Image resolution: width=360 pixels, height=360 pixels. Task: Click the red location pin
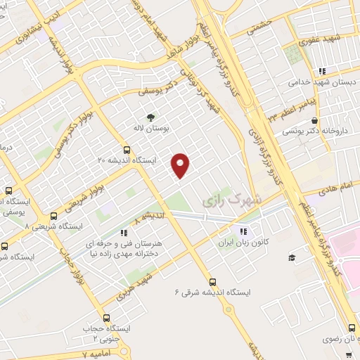tap(181, 165)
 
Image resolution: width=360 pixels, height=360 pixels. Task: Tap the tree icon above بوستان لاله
tap(149, 118)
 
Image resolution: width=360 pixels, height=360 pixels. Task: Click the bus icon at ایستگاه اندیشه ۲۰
tap(127, 149)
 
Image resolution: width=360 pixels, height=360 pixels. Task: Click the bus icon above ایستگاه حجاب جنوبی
tap(106, 318)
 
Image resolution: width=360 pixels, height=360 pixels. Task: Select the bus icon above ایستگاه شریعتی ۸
tap(53, 216)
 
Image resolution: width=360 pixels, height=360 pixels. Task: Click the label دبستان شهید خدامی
tap(318, 82)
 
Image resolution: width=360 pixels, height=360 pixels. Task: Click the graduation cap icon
tap(292, 258)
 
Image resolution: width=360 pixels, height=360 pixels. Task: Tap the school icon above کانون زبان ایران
tap(243, 231)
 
